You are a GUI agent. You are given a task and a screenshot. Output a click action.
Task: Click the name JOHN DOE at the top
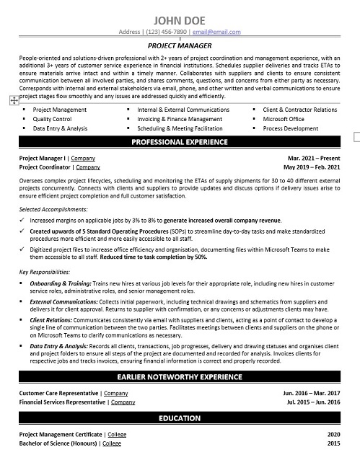[x=180, y=19]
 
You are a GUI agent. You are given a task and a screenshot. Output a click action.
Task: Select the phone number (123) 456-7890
[x=167, y=32]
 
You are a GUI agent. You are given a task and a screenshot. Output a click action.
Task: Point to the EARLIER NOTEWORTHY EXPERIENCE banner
[x=180, y=376]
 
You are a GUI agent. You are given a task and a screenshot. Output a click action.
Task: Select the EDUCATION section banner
[x=180, y=418]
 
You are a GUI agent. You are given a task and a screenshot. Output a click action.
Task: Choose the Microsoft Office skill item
[x=284, y=118]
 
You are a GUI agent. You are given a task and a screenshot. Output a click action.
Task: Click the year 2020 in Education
[x=333, y=435]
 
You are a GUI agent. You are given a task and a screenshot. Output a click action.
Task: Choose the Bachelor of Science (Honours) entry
[x=59, y=445]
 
